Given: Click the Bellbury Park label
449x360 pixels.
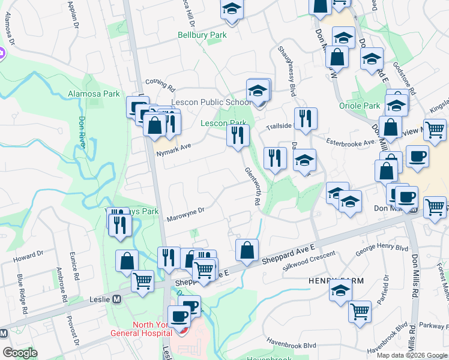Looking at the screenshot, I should pyautogui.click(x=202, y=35).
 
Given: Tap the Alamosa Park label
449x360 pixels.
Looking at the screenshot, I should pyautogui.click(x=94, y=94).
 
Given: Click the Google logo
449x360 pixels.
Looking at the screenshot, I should pyautogui.click(x=20, y=353).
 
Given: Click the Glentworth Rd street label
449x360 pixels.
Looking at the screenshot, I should pyautogui.click(x=252, y=187).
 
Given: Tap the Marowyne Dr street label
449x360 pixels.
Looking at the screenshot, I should pyautogui.click(x=186, y=210).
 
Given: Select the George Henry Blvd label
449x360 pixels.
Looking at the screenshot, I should pyautogui.click(x=382, y=250).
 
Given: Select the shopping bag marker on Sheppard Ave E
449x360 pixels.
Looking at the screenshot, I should pyautogui.click(x=247, y=250).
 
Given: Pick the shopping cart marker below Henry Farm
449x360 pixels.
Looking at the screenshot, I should pyautogui.click(x=360, y=311).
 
